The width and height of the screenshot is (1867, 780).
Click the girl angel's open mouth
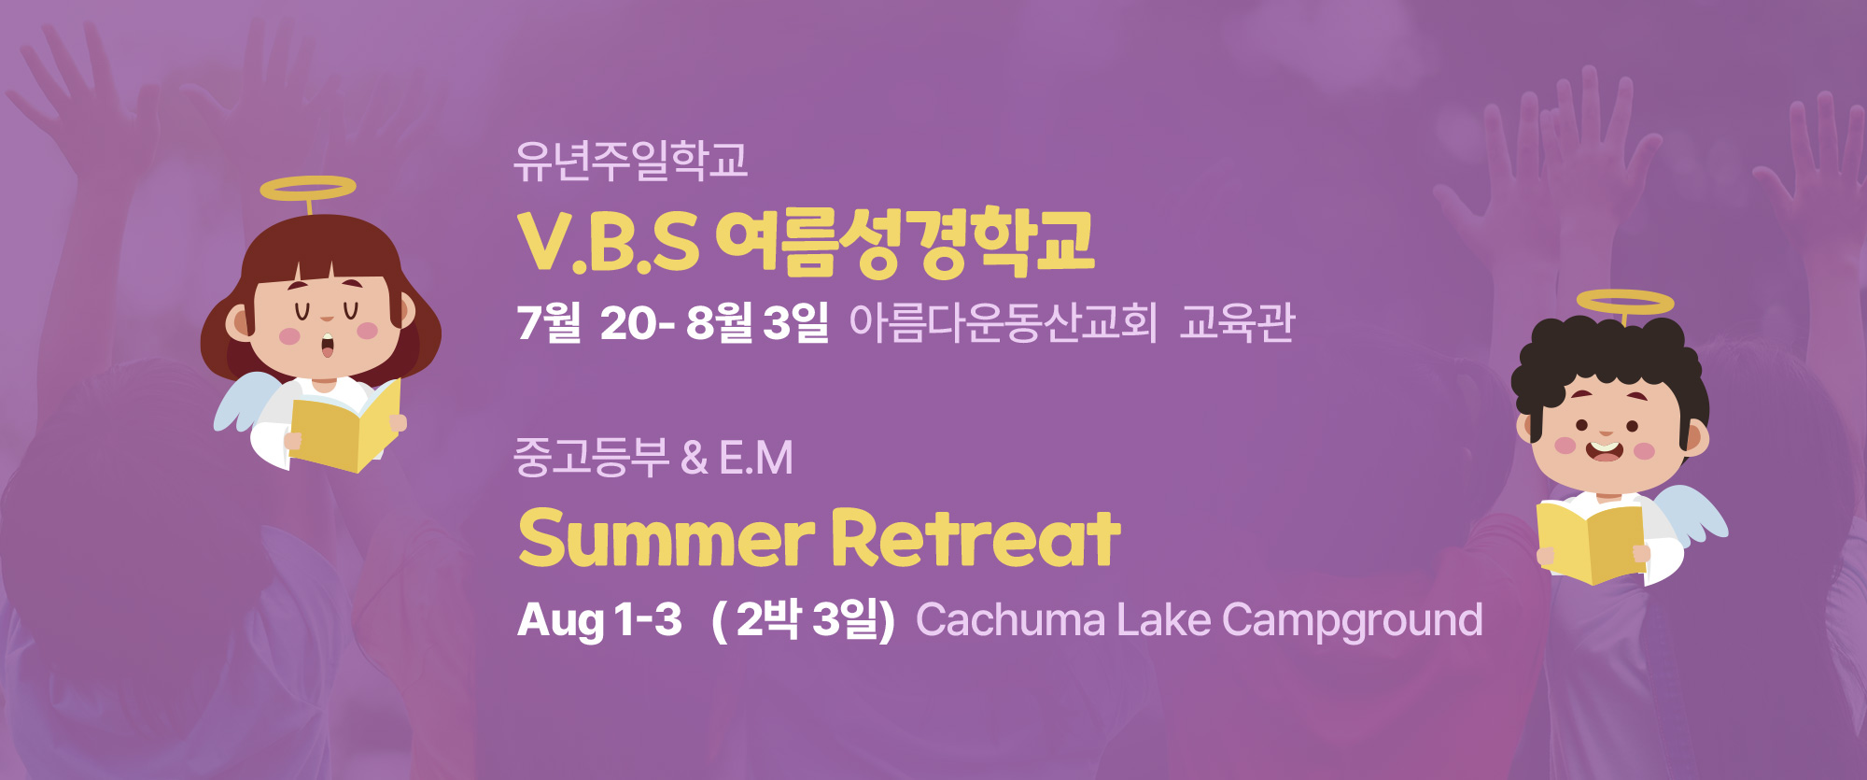point(328,345)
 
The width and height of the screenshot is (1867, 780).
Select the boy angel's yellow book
point(1591,542)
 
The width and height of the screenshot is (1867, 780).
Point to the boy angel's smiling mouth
point(1605,450)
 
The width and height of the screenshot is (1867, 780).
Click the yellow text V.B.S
point(608,242)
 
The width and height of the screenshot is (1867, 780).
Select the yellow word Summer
point(666,538)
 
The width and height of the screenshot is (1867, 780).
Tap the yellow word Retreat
point(976,538)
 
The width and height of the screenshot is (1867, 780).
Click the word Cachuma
point(1011,620)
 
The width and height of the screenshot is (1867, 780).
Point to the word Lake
point(1164,620)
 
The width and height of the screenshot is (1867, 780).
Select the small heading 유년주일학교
point(631,161)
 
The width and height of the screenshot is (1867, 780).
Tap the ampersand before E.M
point(695,458)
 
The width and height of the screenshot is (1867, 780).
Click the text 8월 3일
point(757,322)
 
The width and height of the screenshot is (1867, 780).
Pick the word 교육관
point(1237,322)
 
